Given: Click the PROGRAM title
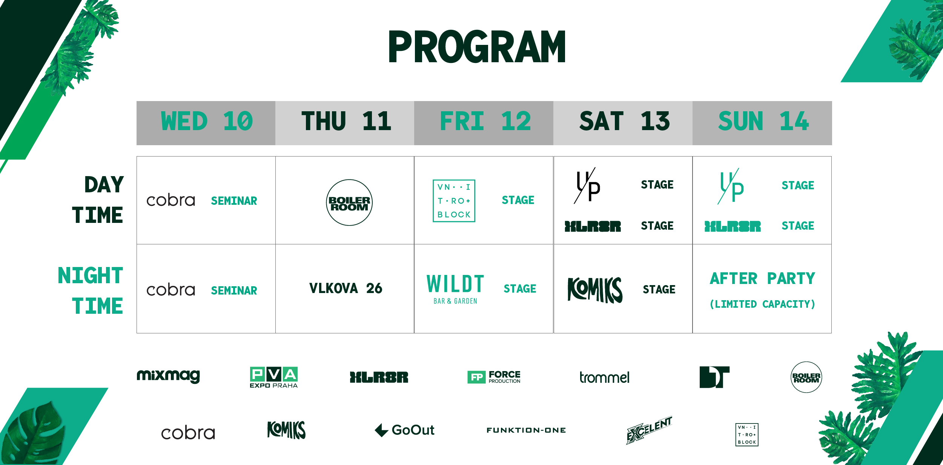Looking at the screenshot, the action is [x=477, y=46].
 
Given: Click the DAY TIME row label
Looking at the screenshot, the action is [x=98, y=200].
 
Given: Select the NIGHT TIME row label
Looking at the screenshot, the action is [x=91, y=290].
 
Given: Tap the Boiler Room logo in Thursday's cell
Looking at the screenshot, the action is [x=349, y=203].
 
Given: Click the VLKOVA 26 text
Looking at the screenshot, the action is [x=346, y=289].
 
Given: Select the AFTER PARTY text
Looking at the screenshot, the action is [x=762, y=279].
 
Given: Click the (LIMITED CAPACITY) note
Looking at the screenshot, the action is [x=762, y=304].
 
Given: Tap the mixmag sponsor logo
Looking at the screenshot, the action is [x=168, y=376].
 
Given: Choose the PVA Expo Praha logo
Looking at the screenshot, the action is [x=274, y=377].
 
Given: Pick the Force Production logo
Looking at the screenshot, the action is [x=494, y=377].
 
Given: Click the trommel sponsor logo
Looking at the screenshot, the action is [x=604, y=377].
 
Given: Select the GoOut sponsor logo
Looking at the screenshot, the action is [x=405, y=430].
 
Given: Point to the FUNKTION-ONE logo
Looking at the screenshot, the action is [x=526, y=430].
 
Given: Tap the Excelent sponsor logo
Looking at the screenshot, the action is [x=649, y=430].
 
